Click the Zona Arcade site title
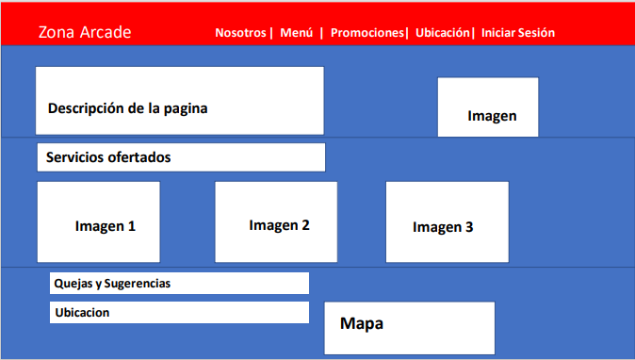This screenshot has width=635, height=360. pos(85,32)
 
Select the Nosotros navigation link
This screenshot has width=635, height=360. pos(241,32)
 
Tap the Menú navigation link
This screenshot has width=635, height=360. pos(297,32)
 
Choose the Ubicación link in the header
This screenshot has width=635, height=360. pos(442,32)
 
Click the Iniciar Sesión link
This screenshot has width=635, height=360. pos(518,32)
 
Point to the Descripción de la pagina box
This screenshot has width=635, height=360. pos(179,101)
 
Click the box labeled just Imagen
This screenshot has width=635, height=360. pos(488,107)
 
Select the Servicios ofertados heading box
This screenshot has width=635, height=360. pos(181,157)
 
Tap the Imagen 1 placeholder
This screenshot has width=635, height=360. pos(99,221)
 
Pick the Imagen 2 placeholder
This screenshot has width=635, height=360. pos(276,222)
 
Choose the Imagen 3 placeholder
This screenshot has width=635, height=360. pos(448,221)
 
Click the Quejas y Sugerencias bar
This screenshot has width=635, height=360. pos(179,283)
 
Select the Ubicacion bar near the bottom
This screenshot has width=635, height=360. pos(179,312)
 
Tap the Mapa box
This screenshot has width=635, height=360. pos(409,327)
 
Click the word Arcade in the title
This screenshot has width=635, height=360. pos(106,32)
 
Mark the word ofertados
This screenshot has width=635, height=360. pos(139,157)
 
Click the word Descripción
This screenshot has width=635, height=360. pos(86,107)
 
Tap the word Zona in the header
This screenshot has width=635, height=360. pos(56,32)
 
